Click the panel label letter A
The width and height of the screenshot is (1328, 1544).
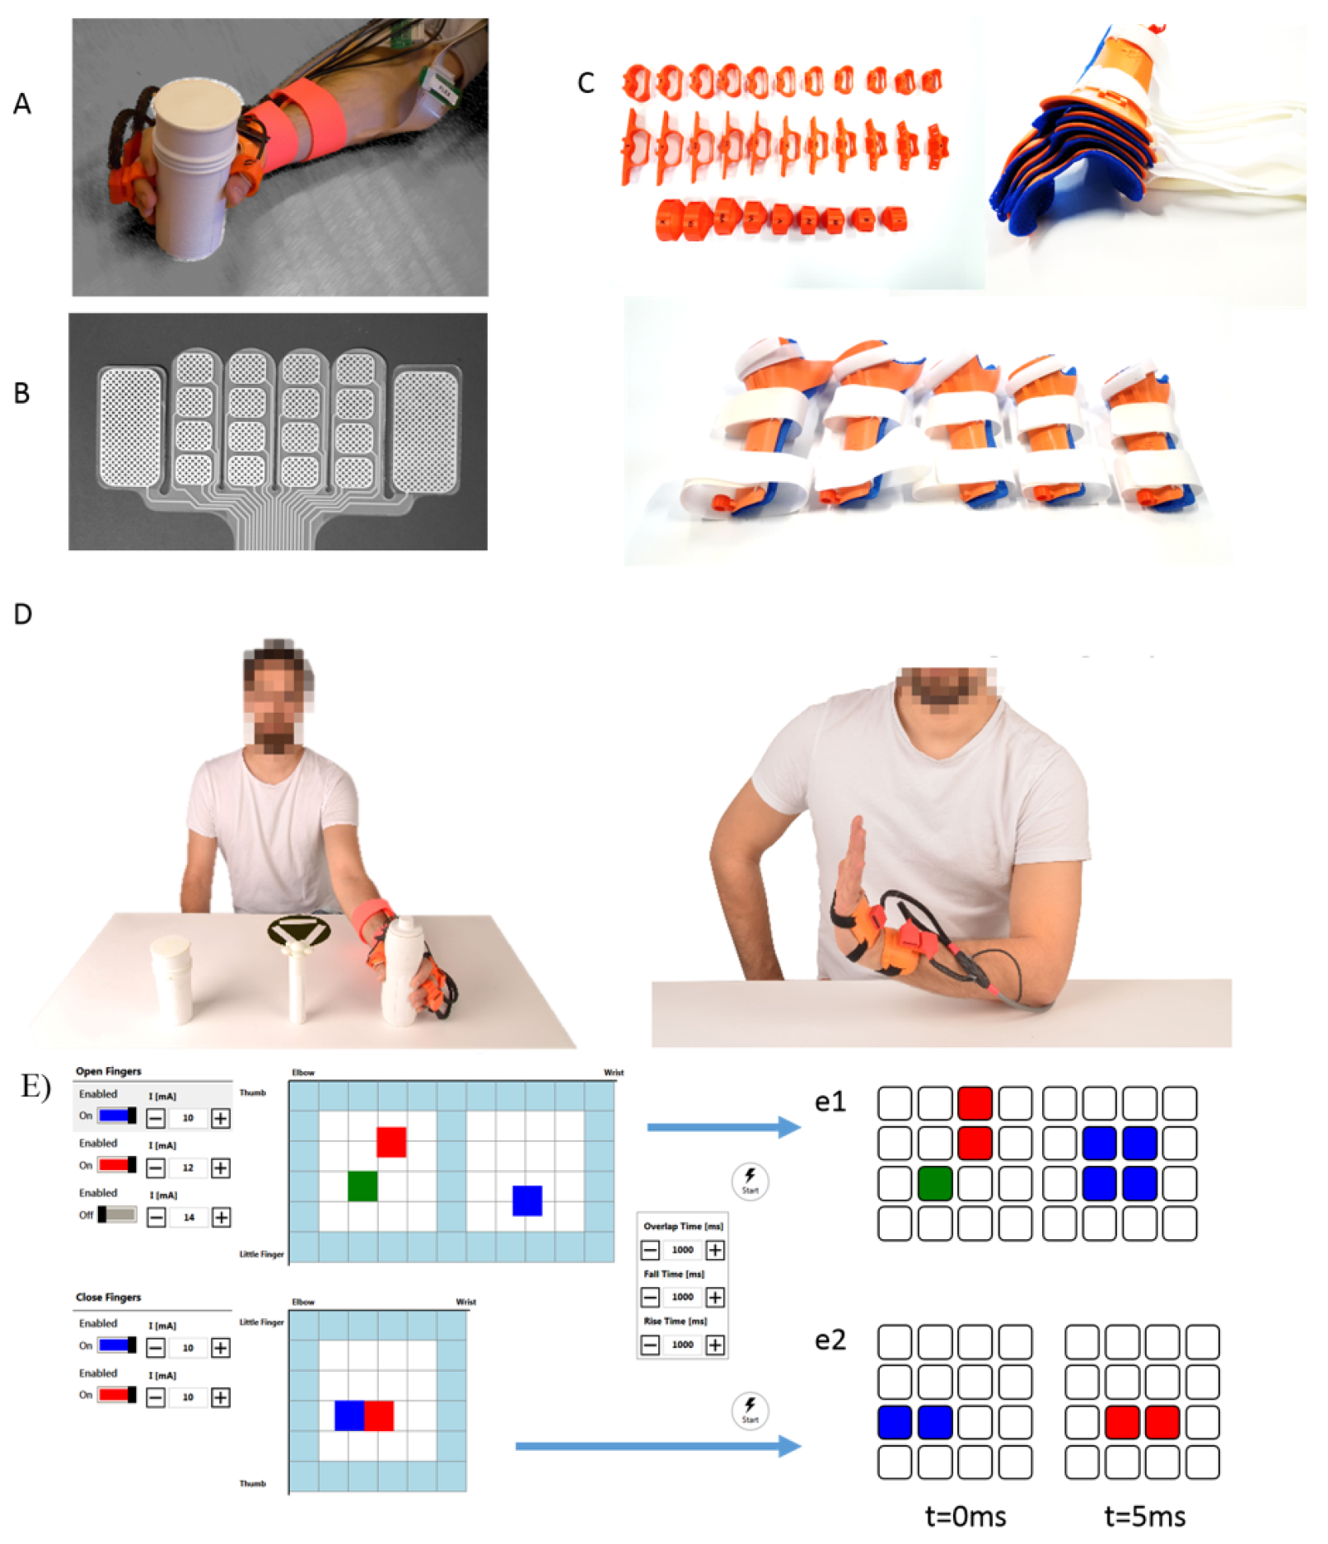coord(22,104)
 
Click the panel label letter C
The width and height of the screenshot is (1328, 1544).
coord(586,82)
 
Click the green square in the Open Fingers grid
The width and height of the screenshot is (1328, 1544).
coord(362,1186)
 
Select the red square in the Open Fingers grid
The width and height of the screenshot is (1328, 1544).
coord(391,1142)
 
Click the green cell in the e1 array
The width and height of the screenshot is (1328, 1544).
coord(935,1183)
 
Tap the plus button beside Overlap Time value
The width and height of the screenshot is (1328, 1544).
coord(715,1250)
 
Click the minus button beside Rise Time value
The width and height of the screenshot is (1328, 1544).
coord(651,1345)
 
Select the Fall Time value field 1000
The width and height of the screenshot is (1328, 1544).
coord(682,1297)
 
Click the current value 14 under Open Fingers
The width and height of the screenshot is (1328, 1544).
coord(189,1217)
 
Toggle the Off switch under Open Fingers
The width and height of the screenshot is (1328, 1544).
coord(117,1214)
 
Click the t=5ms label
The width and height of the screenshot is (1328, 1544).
coord(1144,1516)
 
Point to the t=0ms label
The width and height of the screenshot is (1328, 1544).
coord(966,1516)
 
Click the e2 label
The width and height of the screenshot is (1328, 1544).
coord(830,1340)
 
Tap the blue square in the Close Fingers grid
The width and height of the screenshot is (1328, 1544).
coord(349,1415)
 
